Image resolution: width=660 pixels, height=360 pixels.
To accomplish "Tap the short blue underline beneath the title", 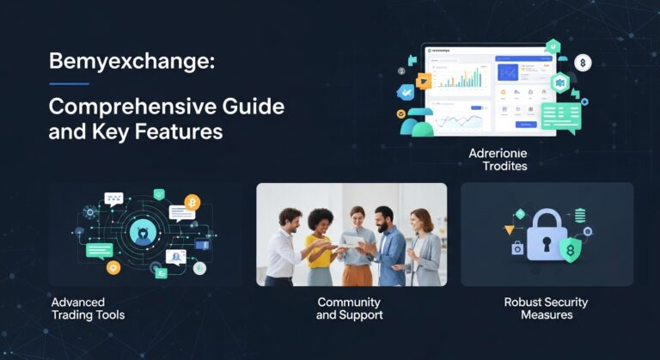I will pos(69,84).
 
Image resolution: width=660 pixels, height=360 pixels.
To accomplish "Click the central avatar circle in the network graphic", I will pos(141,230).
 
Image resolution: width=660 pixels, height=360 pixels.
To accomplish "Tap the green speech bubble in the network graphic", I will pos(99,250).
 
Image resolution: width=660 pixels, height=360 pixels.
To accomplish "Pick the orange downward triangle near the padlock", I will pos(509,229).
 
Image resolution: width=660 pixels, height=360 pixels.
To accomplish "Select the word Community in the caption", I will pos(349,302).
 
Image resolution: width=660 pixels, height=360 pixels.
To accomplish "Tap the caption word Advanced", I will pos(78,302).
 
